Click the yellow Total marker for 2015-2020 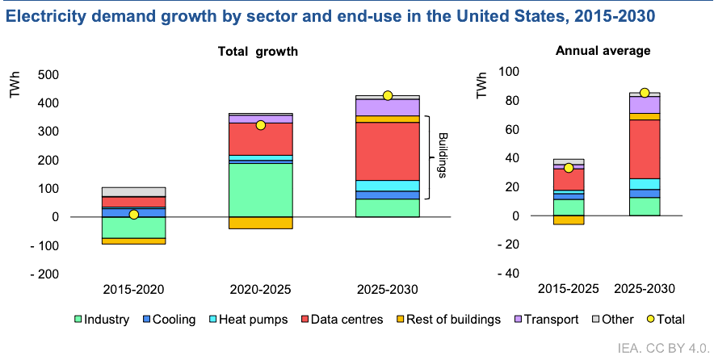click(x=134, y=215)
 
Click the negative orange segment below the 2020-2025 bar click(x=260, y=223)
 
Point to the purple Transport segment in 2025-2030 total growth click(x=388, y=107)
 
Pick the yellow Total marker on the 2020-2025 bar click(x=260, y=125)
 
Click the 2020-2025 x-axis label click(x=260, y=289)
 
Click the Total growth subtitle click(x=258, y=52)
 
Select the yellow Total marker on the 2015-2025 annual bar click(x=569, y=168)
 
